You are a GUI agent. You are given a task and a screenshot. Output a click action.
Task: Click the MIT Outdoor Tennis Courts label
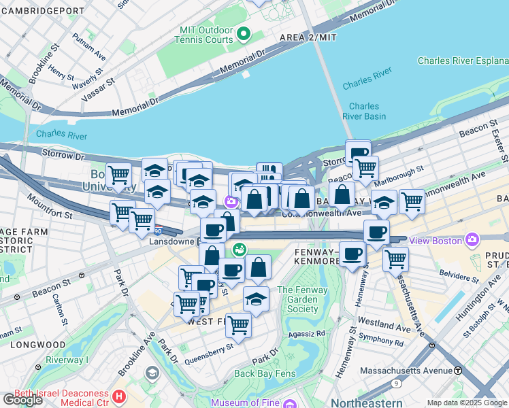[x=206, y=35]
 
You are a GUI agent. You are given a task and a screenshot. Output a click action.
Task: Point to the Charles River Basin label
[x=364, y=111]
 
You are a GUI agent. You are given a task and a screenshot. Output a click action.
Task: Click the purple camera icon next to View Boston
[x=472, y=239]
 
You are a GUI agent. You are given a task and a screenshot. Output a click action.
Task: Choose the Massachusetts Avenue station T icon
[x=458, y=371]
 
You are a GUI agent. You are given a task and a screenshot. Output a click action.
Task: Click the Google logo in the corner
[x=22, y=400]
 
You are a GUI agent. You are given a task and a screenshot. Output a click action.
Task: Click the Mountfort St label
[x=50, y=206]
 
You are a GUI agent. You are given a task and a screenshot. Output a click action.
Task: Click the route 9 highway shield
[x=397, y=384]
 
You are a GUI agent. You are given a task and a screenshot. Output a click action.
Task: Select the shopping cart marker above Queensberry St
[x=238, y=325]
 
